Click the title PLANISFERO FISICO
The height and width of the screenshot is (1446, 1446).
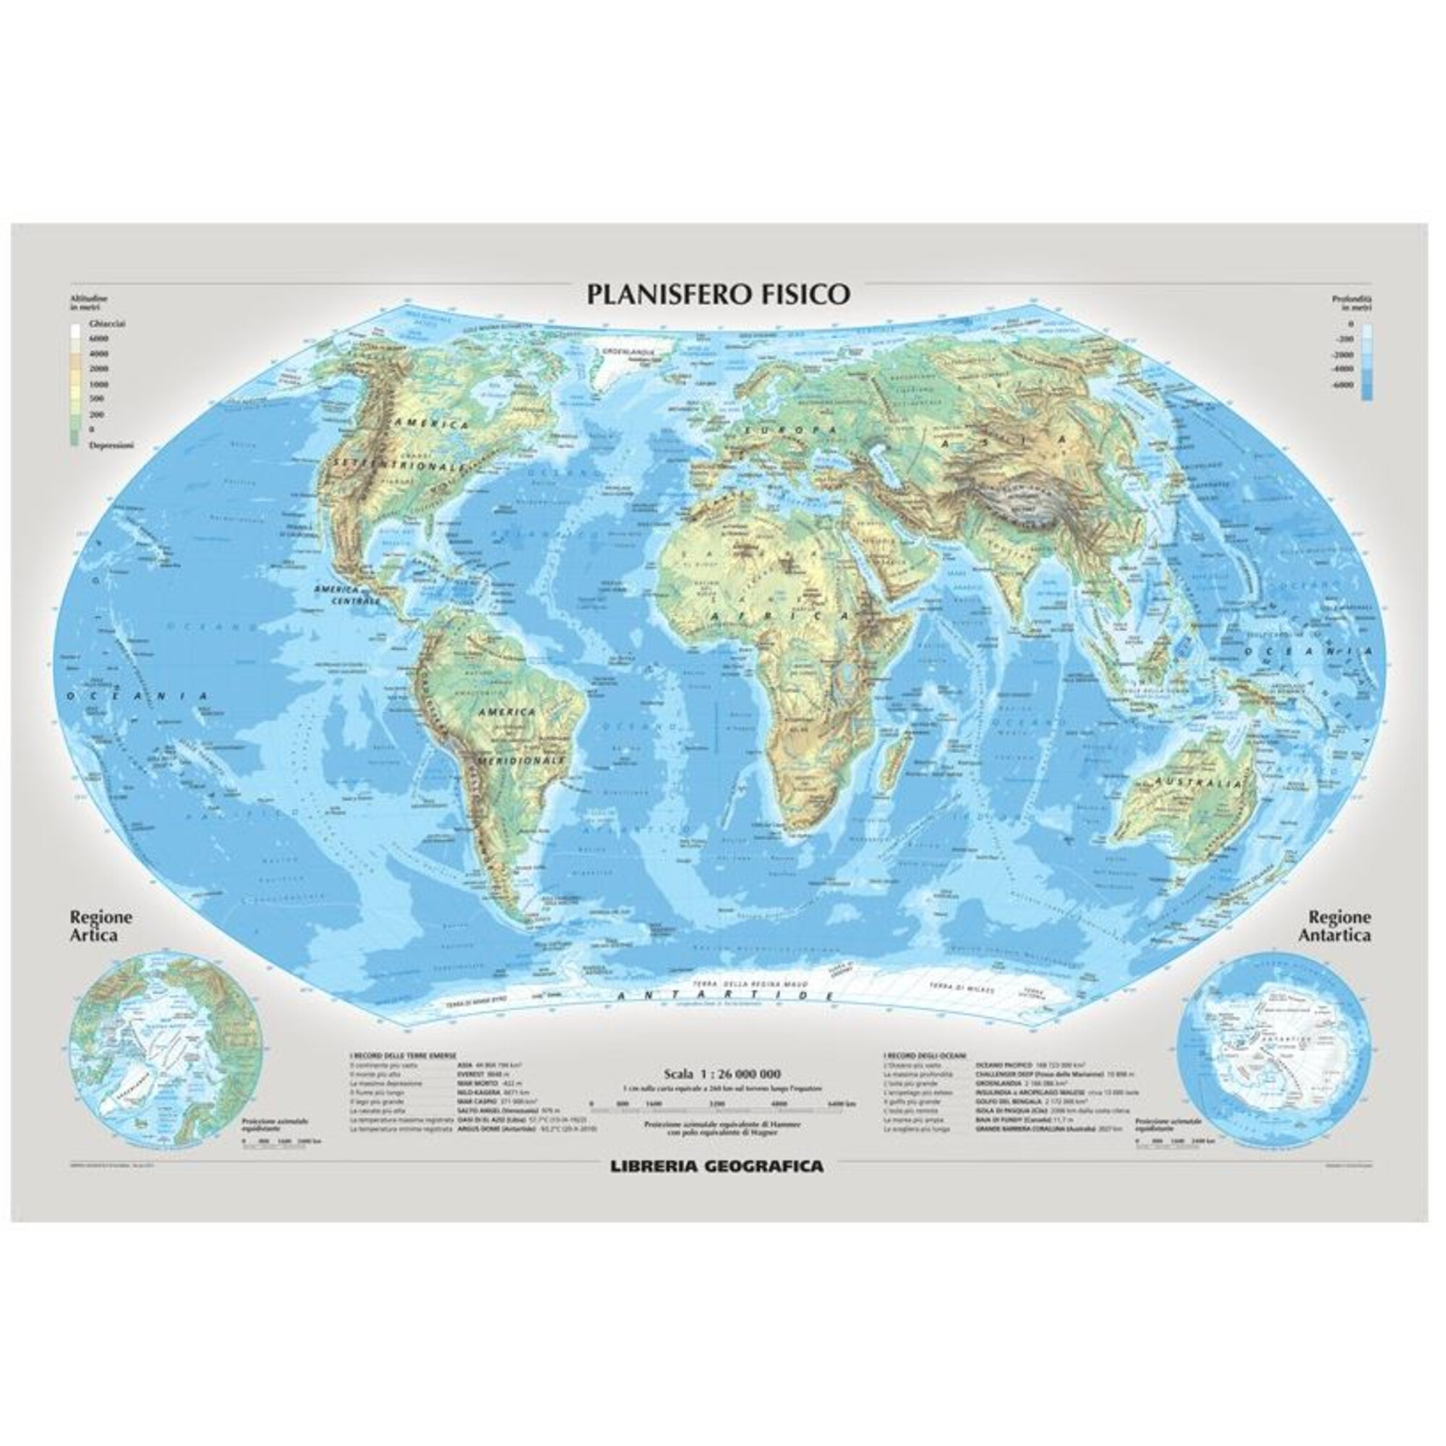(x=718, y=294)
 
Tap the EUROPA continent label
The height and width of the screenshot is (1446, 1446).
(x=785, y=430)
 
